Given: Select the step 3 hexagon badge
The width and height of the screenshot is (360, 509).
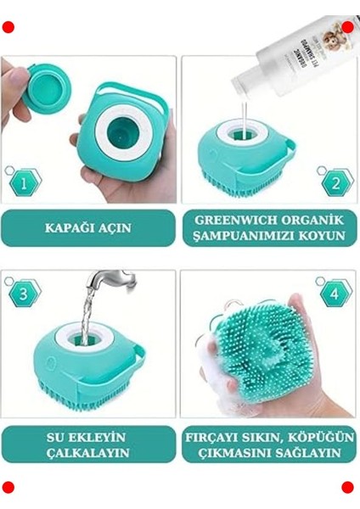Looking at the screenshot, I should click(23, 294).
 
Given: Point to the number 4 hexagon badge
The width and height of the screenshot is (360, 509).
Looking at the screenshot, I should click(336, 294).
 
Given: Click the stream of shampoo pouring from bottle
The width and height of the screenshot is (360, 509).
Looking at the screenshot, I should click(245, 115).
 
